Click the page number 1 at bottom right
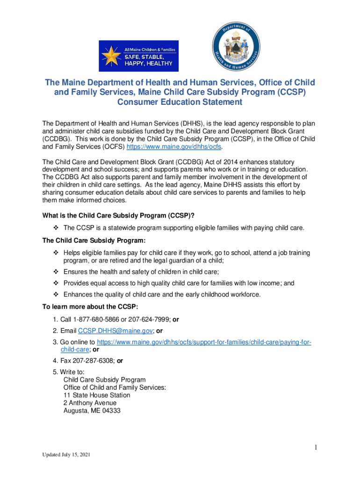tap(316, 448)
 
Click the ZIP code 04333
tap(111, 410)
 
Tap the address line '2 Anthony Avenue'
tap(90, 403)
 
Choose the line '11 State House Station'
tap(97, 395)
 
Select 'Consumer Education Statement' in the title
tap(180, 102)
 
